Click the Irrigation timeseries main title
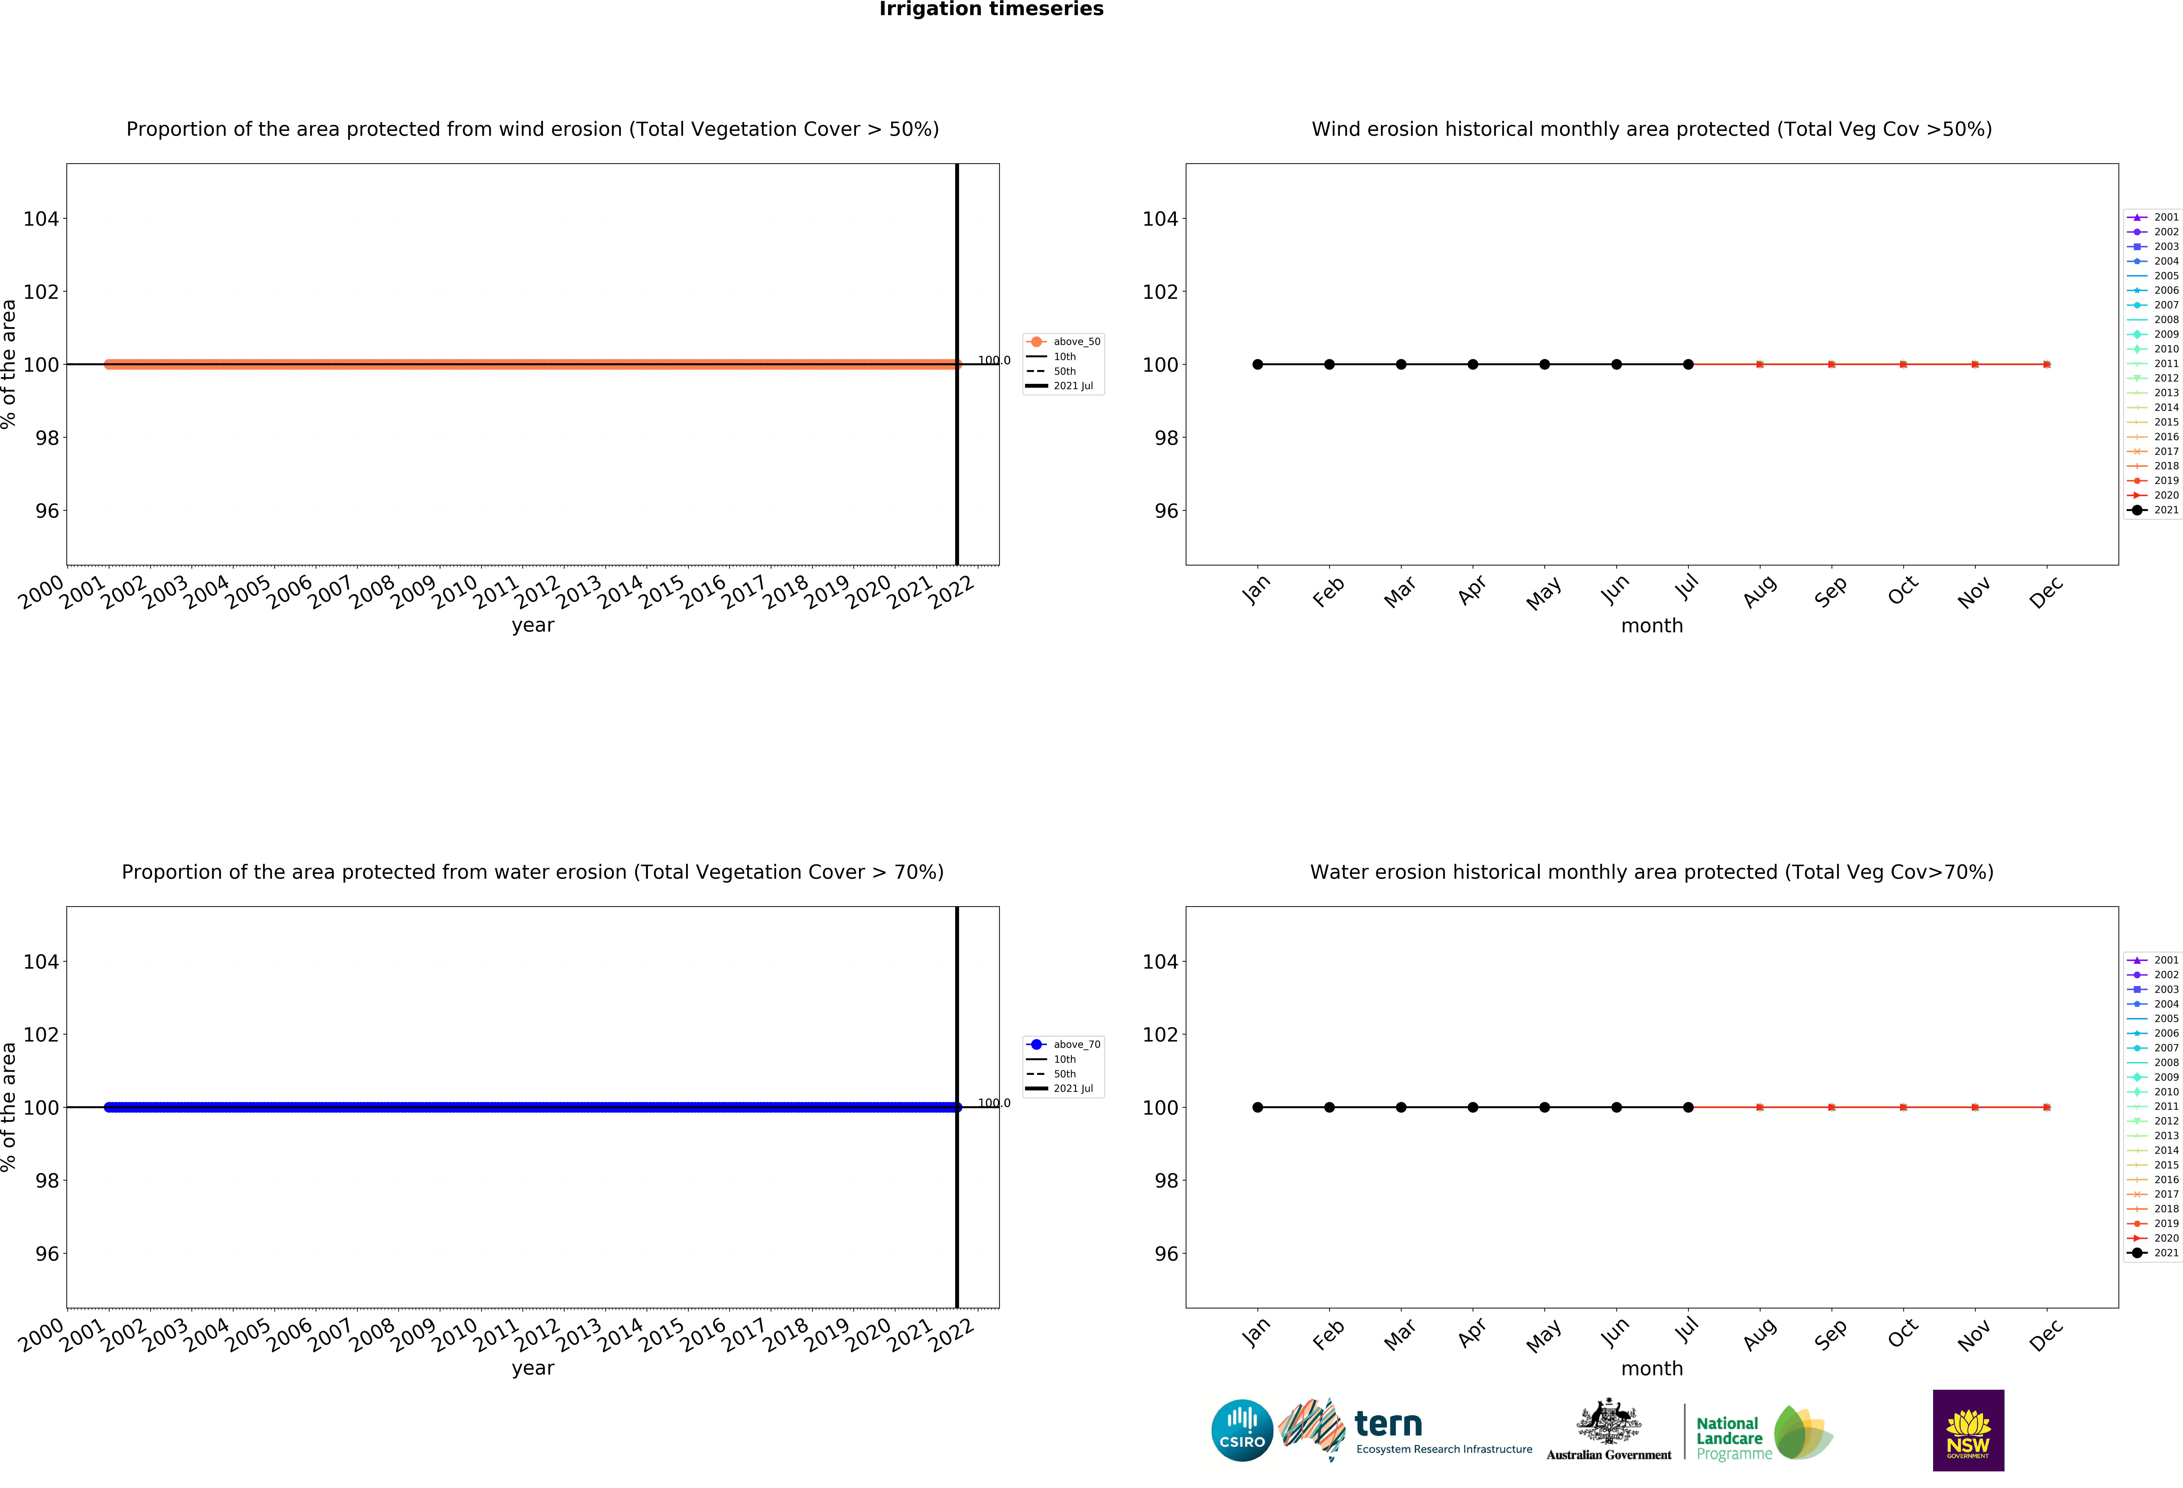pyautogui.click(x=991, y=9)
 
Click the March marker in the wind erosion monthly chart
pyautogui.click(x=1400, y=364)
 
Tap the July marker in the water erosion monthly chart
pyautogui.click(x=1688, y=1107)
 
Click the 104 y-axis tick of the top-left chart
pyautogui.click(x=40, y=219)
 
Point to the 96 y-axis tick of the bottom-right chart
pyautogui.click(x=1166, y=1254)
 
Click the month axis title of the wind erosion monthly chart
pyautogui.click(x=1651, y=626)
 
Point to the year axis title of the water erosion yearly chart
pyautogui.click(x=533, y=1369)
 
